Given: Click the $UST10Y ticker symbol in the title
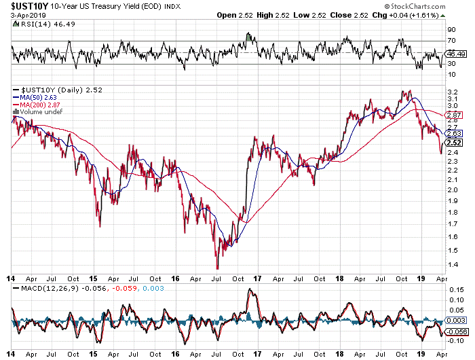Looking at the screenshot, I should pos(25,5).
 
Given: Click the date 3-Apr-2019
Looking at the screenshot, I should pos(21,14).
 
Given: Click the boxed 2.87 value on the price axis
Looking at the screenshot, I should pos(453,115).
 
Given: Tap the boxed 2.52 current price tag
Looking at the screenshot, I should pos(453,142).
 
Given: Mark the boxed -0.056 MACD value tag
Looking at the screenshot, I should pos(455,331).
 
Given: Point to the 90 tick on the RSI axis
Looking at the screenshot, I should pos(450,30).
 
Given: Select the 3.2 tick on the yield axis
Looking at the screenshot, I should pos(451,91).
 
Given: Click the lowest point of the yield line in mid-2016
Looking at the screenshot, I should pos(218,268).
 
